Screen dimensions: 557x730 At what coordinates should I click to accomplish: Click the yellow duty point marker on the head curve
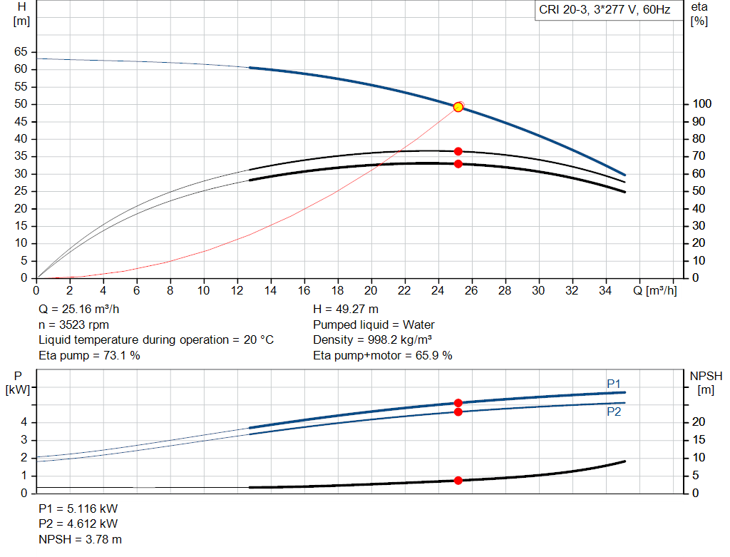(458, 107)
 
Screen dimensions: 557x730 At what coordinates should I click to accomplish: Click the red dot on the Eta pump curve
(458, 151)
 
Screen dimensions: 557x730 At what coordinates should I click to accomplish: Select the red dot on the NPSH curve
(458, 480)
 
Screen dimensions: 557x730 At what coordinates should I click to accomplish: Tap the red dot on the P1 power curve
(458, 403)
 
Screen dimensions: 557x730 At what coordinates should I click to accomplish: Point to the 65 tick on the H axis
(20, 51)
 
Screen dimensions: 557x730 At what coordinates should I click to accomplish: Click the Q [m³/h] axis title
(655, 290)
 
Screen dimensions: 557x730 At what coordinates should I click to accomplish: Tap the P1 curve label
(614, 384)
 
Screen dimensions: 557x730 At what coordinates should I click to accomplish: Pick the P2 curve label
(614, 412)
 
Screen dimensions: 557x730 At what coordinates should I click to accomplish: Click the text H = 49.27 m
(346, 310)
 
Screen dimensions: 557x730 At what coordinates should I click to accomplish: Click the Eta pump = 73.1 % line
(89, 354)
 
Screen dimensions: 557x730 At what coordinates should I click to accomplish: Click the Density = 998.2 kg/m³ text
(373, 339)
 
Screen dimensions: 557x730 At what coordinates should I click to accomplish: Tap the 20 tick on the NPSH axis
(699, 422)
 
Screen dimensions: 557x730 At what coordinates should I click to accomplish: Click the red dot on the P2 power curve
(458, 412)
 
